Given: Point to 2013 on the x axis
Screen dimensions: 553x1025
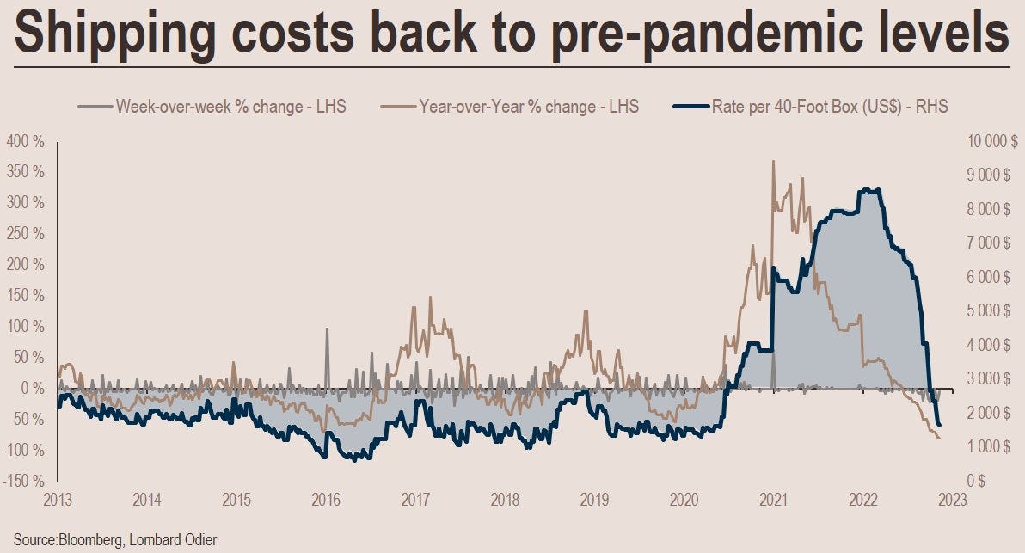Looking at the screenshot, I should pos(58,500).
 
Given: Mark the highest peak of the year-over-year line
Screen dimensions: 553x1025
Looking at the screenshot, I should pos(774,161).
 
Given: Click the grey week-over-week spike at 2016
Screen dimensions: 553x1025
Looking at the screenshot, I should pos(327,329).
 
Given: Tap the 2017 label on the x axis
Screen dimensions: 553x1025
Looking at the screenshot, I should pos(416,500).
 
